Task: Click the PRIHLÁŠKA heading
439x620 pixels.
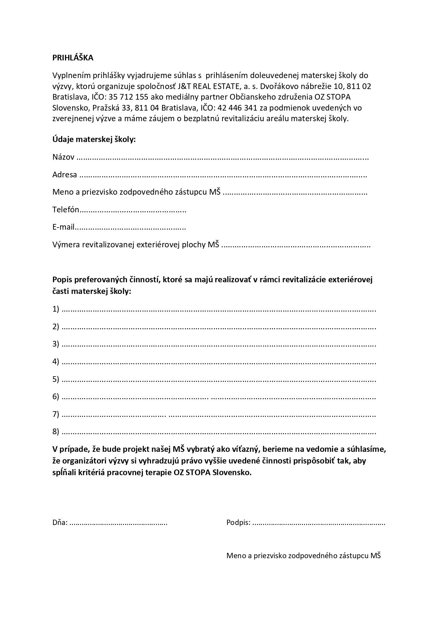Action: (73, 58)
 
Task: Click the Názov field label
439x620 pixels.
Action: (63, 157)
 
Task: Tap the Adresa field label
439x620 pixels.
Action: (65, 175)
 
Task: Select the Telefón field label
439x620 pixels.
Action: (66, 209)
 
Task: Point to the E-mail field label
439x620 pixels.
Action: (63, 227)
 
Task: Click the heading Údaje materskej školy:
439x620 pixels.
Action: (94, 140)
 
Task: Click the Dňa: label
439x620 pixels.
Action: (60, 522)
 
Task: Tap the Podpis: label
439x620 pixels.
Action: (238, 522)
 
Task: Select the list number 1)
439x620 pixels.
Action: (56, 309)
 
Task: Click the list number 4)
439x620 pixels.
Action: (56, 361)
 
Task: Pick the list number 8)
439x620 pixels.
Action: (56, 431)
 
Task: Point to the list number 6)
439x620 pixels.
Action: (56, 396)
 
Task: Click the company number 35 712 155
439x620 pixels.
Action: (130, 97)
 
